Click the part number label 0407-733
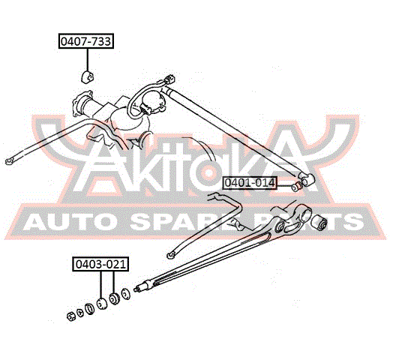[x=86, y=40]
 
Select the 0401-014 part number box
[x=250, y=183]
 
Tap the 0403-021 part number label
[x=100, y=264]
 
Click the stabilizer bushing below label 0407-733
[x=87, y=76]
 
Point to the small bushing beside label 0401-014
[x=296, y=187]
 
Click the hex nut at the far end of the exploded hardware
[x=71, y=316]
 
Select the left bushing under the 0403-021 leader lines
[x=102, y=303]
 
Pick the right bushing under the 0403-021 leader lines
[x=115, y=298]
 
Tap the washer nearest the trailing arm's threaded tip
[x=125, y=294]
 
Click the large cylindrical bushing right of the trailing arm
[x=319, y=222]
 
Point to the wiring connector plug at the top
[x=169, y=79]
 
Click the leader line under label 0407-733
[x=88, y=60]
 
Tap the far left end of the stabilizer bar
[x=9, y=162]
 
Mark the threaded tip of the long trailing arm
[x=137, y=289]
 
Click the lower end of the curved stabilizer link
[x=171, y=256]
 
